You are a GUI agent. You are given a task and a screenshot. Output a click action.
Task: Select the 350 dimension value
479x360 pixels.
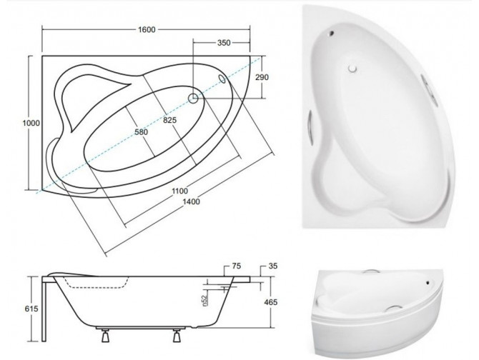pos(223,43)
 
